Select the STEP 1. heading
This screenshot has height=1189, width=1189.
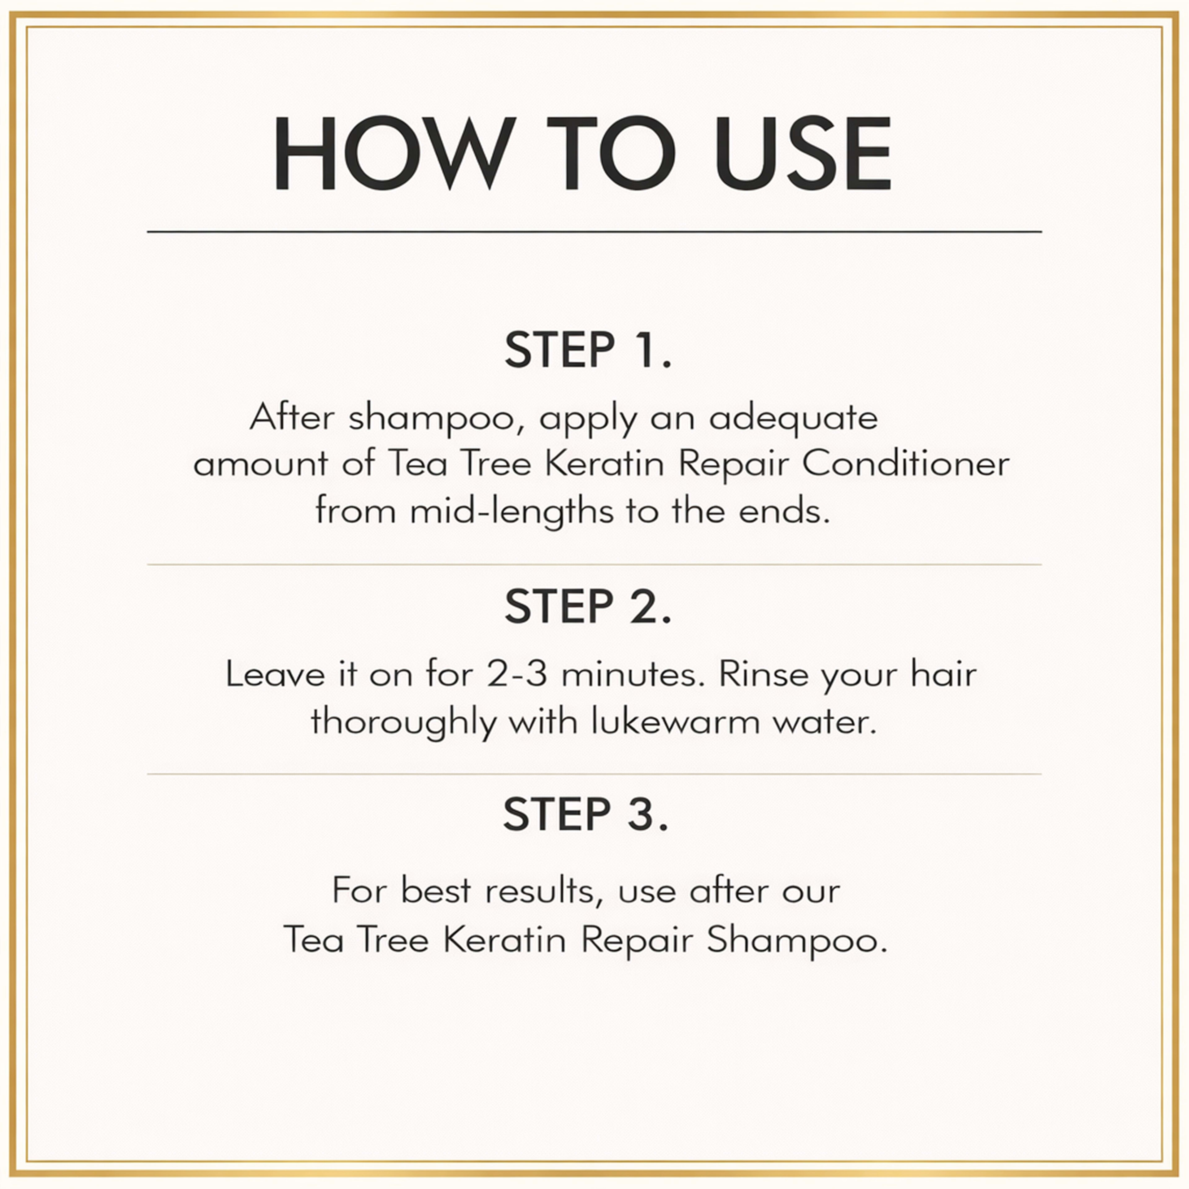point(588,350)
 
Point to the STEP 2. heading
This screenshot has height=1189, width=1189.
point(588,606)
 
